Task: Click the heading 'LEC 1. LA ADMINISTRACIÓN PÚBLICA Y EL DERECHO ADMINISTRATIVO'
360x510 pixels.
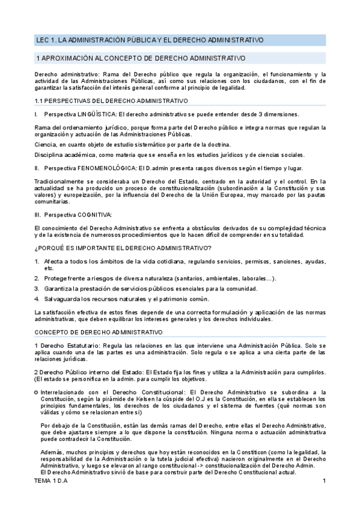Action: coord(150,40)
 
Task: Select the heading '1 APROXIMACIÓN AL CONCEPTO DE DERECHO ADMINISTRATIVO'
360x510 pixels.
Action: coord(141,58)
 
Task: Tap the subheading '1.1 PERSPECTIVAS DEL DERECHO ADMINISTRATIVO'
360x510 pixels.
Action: coord(111,101)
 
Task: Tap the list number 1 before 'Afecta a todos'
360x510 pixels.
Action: coord(36,262)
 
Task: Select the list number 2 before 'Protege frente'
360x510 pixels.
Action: coord(36,278)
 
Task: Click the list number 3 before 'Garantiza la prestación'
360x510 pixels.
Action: coord(36,289)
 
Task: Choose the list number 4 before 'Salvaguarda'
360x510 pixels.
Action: coord(36,300)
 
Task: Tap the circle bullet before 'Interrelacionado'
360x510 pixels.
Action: coord(36,392)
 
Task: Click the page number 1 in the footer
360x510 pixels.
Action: coord(324,498)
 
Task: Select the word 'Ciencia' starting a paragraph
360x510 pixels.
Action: coord(44,144)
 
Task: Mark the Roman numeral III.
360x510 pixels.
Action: coord(37,215)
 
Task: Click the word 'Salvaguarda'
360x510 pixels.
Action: coord(62,300)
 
